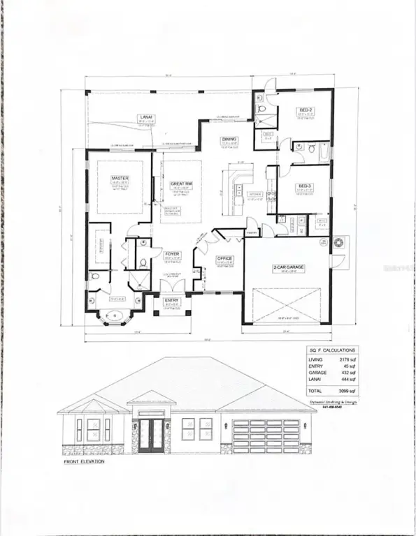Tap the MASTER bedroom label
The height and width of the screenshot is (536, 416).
pos(120,178)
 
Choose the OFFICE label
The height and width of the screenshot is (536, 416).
pos(224,258)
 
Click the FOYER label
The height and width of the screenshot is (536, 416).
pos(172,254)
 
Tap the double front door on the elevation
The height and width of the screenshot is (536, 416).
pos(150,436)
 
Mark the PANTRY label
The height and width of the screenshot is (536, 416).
pos(252,232)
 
